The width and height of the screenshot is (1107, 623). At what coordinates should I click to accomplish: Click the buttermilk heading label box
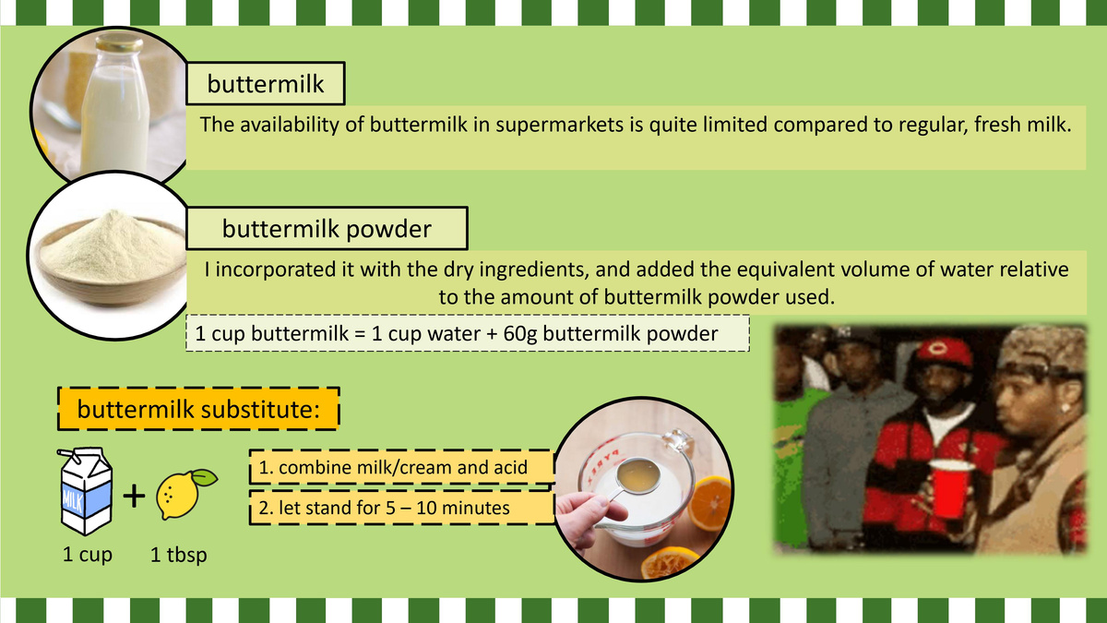(266, 83)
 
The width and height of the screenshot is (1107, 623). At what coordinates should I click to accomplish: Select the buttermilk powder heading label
(327, 228)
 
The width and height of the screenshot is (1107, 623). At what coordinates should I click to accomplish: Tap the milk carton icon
(86, 491)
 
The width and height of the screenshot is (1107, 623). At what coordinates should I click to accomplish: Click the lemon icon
(185, 494)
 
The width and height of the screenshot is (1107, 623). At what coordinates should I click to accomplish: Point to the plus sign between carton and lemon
(134, 496)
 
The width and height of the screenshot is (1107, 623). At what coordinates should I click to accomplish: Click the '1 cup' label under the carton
(88, 555)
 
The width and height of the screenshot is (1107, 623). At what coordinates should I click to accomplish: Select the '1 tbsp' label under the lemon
(178, 555)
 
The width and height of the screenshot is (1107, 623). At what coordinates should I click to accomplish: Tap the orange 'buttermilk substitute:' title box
(198, 409)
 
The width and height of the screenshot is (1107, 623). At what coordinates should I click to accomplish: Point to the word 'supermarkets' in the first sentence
(559, 125)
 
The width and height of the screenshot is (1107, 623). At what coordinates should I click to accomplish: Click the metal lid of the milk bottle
(119, 43)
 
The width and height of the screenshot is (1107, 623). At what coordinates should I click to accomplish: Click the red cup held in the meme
(950, 489)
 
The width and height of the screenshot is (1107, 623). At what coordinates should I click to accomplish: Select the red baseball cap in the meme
(943, 352)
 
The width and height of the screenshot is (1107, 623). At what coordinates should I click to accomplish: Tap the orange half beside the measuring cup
(709, 503)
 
